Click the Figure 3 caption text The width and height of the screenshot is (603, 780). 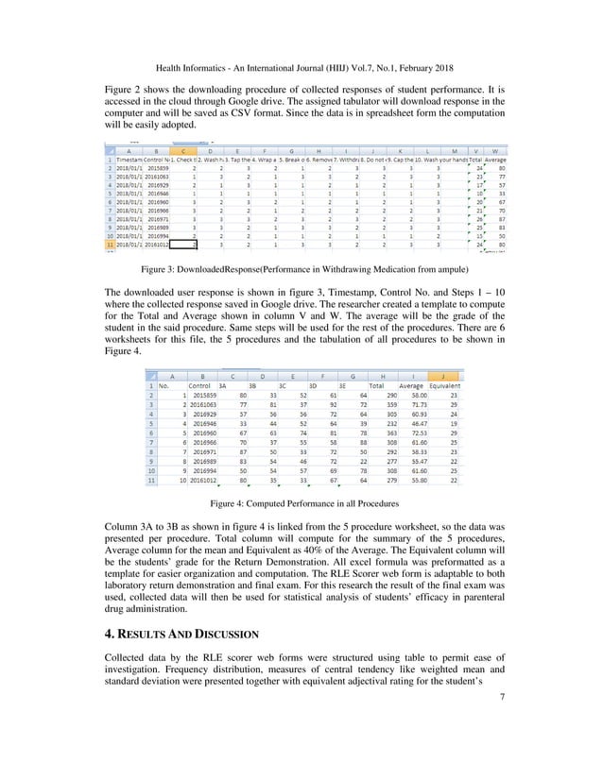(301, 269)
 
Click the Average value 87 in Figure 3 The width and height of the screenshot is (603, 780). (499, 219)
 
